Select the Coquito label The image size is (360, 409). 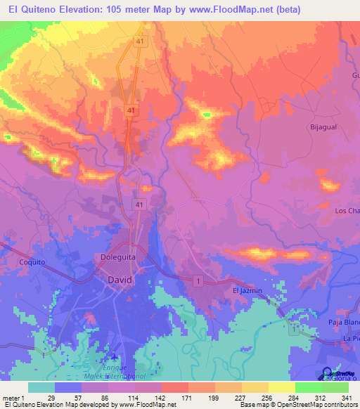point(32,262)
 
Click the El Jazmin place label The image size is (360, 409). point(246,290)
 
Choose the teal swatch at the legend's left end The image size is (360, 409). point(41,387)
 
